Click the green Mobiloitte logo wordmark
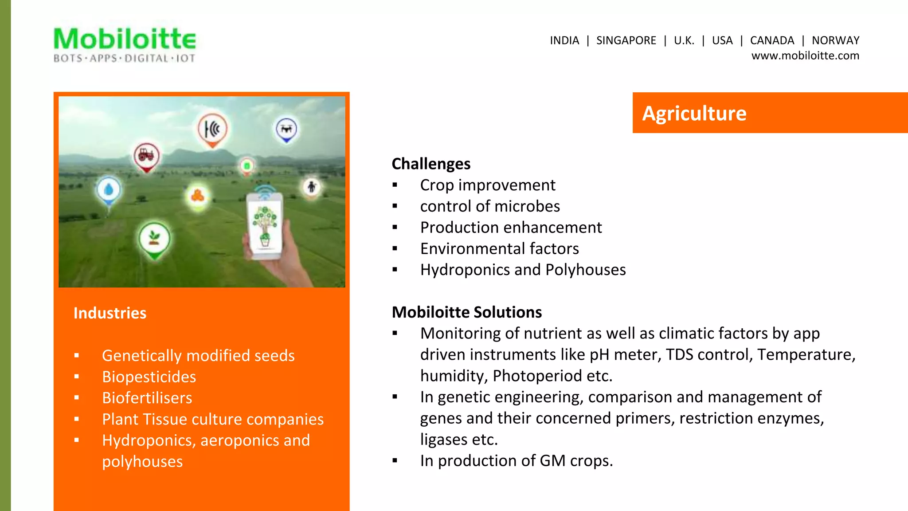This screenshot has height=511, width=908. [125, 39]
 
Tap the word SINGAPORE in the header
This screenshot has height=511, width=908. [626, 40]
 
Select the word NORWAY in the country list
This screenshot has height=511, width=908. [835, 40]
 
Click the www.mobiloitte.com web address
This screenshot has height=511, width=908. [805, 56]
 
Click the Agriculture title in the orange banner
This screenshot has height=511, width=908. [694, 113]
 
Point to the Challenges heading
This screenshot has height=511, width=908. [431, 164]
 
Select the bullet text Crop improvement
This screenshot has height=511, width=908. [487, 185]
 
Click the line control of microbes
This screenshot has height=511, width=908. [489, 206]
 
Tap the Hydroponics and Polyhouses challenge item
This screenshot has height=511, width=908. [523, 270]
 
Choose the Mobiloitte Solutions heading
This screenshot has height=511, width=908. [466, 312]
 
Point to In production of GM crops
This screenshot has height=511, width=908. [516, 461]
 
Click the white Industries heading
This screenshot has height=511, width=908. [110, 313]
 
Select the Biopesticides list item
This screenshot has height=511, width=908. [149, 377]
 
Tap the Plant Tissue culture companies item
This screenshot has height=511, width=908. [213, 419]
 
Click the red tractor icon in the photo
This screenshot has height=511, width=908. [146, 155]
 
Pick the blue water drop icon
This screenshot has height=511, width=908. [109, 190]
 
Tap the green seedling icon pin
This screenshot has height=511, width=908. [154, 239]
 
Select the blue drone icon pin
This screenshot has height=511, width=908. [286, 129]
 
